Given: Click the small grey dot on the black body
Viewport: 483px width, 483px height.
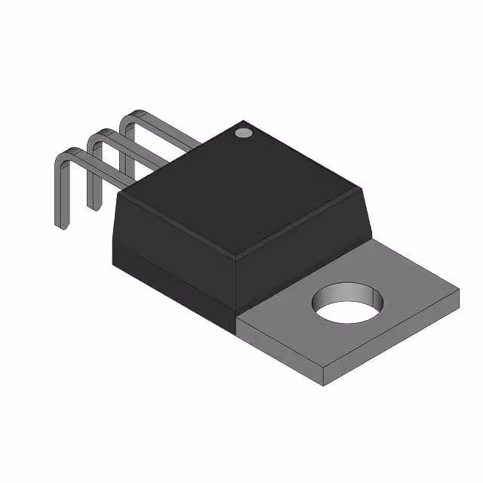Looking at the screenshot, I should (242, 133).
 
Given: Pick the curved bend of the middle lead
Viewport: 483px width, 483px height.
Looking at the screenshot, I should (96, 136).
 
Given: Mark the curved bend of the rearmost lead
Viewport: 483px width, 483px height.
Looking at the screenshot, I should (130, 117).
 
